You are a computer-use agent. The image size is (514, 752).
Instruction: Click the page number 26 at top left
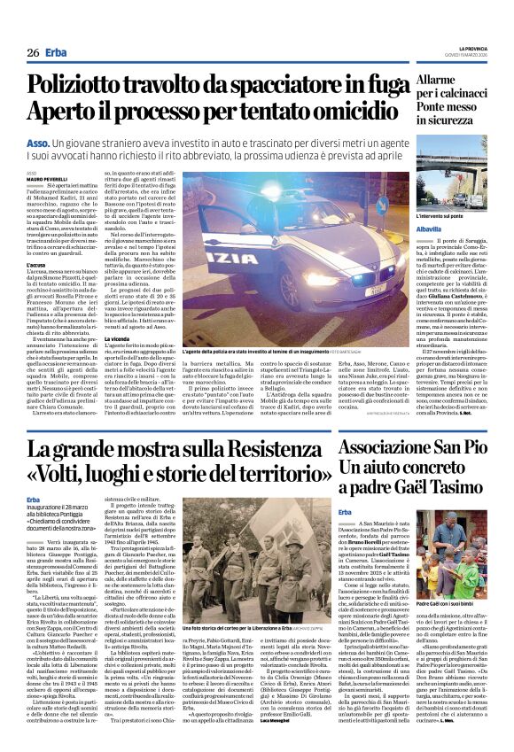33,53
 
